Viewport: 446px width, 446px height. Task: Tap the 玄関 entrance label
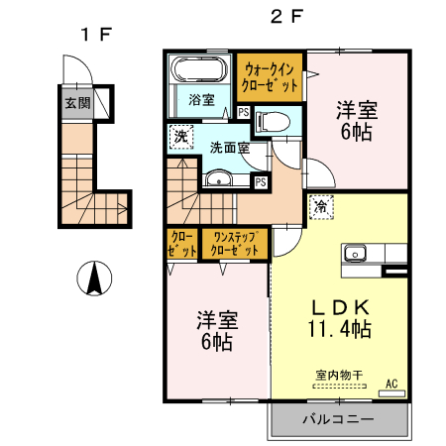pos(78,102)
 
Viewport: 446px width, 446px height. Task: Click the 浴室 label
pos(201,100)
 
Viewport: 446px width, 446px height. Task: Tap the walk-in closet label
pos(271,78)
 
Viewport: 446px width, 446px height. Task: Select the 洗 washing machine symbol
pos(180,136)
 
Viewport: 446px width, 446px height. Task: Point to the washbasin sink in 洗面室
pos(219,179)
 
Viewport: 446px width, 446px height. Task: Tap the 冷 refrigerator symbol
pos(322,206)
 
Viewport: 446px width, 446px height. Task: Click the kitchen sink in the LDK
pos(355,253)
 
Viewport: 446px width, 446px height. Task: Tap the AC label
pos(390,384)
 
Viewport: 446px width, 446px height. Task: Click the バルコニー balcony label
pos(338,419)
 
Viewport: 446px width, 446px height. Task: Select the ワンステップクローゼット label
pos(234,244)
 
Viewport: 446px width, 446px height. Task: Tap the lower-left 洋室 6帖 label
pos(216,330)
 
